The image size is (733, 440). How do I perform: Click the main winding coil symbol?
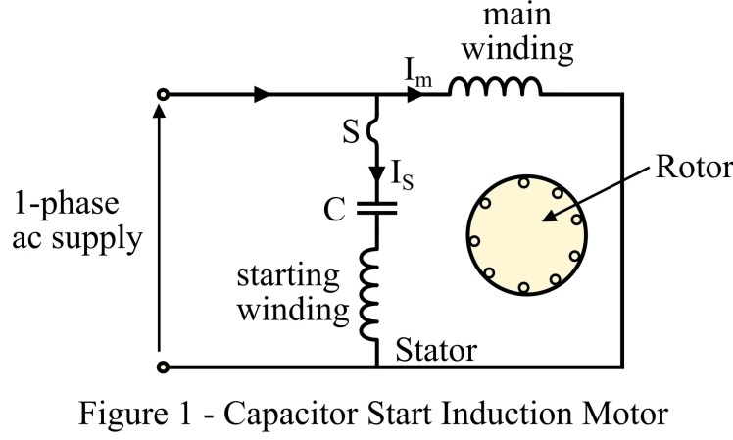point(495,88)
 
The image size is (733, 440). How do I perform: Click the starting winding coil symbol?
point(376,294)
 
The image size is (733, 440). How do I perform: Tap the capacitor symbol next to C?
point(376,207)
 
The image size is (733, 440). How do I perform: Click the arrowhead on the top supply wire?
point(262,95)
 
